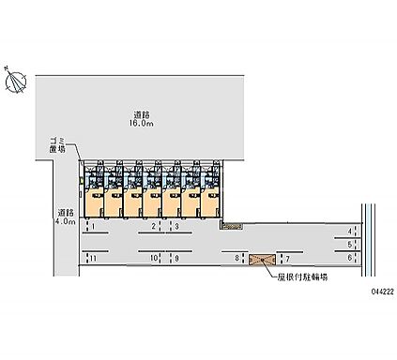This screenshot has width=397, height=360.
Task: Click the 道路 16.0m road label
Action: pyautogui.click(x=142, y=117)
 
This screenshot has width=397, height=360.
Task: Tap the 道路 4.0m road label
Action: pyautogui.click(x=64, y=217)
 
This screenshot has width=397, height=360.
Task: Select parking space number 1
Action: pyautogui.click(x=93, y=227)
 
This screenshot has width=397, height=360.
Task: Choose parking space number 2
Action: pyautogui.click(x=153, y=227)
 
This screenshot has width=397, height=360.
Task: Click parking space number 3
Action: pyautogui.click(x=176, y=227)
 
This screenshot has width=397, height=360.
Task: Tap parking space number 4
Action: pyautogui.click(x=349, y=231)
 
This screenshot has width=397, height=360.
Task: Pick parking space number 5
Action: pyautogui.click(x=349, y=244)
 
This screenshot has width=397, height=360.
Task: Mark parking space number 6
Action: pyautogui.click(x=349, y=257)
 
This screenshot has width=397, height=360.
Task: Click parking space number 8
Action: pyautogui.click(x=236, y=256)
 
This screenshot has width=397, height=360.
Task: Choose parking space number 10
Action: pyautogui.click(x=151, y=256)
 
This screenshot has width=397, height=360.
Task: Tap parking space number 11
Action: pyautogui.click(x=93, y=256)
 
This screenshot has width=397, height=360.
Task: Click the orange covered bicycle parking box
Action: pyautogui.click(x=261, y=257)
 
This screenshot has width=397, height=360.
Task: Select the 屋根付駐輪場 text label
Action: pyautogui.click(x=302, y=278)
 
